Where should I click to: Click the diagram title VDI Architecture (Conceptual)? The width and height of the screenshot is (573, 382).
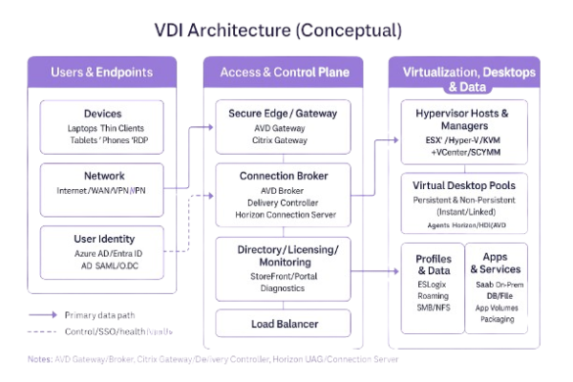278,31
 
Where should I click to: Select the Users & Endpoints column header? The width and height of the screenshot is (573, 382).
102,72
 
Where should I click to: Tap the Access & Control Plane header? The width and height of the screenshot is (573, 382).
284,72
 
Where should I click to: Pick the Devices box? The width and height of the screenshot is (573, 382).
102,126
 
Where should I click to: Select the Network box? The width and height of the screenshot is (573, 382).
102,183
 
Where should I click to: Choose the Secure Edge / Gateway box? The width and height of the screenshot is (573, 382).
284,126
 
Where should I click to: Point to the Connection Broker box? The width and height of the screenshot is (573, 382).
284,196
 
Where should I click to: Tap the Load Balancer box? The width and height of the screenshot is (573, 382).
284,324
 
